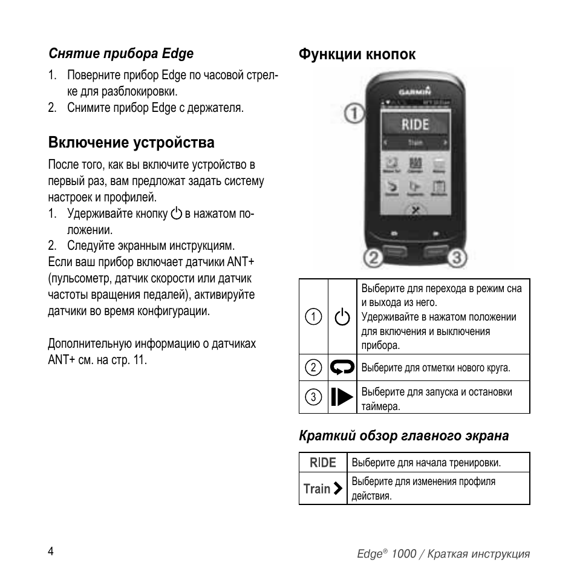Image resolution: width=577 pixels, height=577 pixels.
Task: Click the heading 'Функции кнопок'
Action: pyautogui.click(x=357, y=54)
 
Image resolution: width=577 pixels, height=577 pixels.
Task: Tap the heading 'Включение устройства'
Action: pyautogui.click(x=131, y=143)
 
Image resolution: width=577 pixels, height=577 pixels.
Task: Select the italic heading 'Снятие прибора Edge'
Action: pyautogui.click(x=121, y=53)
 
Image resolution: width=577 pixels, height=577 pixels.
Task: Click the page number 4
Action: pyautogui.click(x=51, y=551)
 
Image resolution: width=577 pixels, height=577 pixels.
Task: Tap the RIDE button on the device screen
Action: pyautogui.click(x=416, y=125)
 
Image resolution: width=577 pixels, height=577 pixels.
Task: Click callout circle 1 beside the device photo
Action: pyautogui.click(x=354, y=112)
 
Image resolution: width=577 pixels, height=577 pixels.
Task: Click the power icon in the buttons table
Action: pyautogui.click(x=342, y=317)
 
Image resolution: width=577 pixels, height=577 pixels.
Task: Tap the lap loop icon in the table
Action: pyautogui.click(x=342, y=367)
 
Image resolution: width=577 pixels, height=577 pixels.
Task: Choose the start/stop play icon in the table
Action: pyautogui.click(x=342, y=397)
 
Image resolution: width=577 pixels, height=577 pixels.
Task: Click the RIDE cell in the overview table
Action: pyautogui.click(x=323, y=463)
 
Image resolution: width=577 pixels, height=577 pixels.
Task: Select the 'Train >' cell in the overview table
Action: pyautogui.click(x=323, y=488)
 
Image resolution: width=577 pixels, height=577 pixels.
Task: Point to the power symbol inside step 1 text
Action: pyautogui.click(x=176, y=214)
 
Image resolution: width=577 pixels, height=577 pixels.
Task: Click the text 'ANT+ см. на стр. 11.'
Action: pyautogui.click(x=97, y=359)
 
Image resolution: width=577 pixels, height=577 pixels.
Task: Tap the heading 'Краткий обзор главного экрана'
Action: pyautogui.click(x=403, y=435)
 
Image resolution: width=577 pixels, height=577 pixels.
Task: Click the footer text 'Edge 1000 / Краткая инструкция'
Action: pyautogui.click(x=443, y=554)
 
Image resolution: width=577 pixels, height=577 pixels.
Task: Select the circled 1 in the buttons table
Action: pyautogui.click(x=313, y=317)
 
